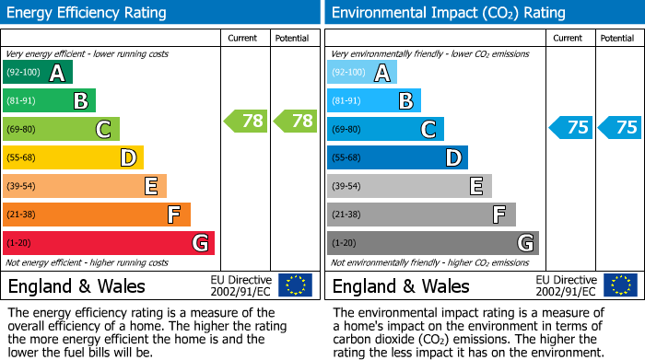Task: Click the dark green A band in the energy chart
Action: pos(38,73)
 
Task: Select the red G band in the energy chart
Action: pos(109,243)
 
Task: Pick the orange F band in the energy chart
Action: pos(97,215)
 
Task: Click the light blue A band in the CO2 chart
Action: pos(362,73)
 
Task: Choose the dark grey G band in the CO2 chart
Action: pos(432,243)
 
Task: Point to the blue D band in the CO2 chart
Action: pos(397,157)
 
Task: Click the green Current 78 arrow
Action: pos(246,121)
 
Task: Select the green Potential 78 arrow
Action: pos(295,121)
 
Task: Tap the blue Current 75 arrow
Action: pos(570,127)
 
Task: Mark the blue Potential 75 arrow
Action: pos(619,127)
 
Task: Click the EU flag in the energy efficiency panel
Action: pos(295,285)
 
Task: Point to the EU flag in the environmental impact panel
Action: pos(619,285)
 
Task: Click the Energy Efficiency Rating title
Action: pos(88,13)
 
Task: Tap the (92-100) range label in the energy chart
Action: pos(23,73)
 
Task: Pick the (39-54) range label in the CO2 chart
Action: pos(347,186)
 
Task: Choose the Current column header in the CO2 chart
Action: pos(569,39)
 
